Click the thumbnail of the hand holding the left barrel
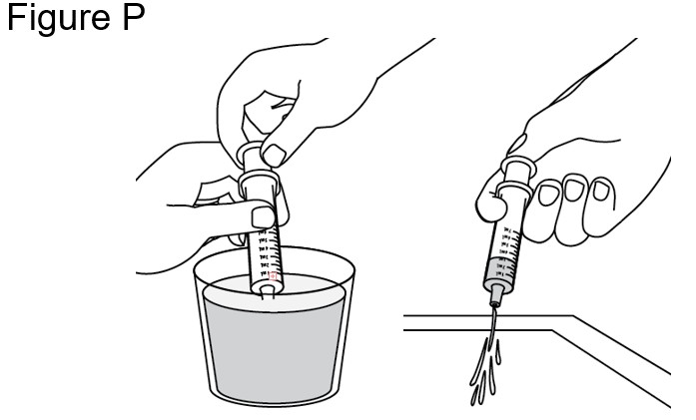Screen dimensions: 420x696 click(x=261, y=216)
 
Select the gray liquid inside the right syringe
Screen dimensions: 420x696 click(x=498, y=270)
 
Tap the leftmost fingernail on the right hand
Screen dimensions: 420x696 click(x=547, y=195)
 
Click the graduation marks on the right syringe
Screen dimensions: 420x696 click(x=507, y=245)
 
